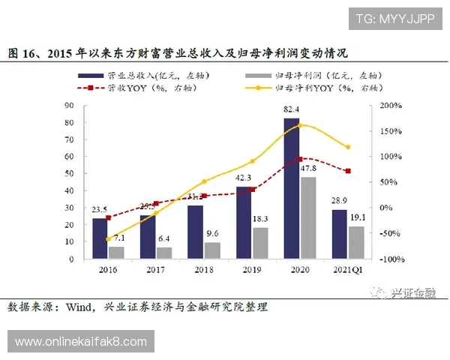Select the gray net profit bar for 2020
[x=307, y=217]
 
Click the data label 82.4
[x=292, y=111]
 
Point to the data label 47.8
[x=308, y=169]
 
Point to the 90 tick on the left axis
[x=70, y=106]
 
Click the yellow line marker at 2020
[x=300, y=124]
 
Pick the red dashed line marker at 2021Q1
[x=347, y=171]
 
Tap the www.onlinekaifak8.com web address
[x=81, y=342]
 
